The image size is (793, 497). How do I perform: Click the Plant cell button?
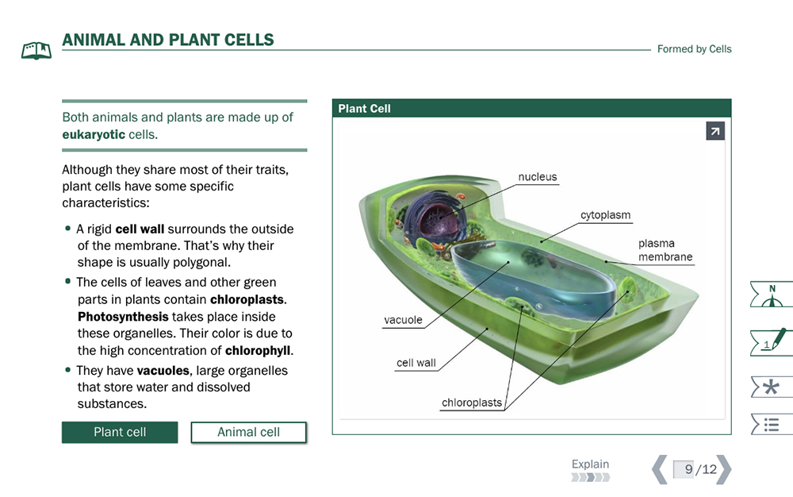[x=120, y=432]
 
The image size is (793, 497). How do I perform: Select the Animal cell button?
[x=248, y=432]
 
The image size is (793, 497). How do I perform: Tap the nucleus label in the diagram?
[x=537, y=176]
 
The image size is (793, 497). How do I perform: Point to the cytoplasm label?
[x=605, y=215]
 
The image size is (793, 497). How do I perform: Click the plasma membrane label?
[x=665, y=250]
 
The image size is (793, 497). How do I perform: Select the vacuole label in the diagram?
[x=403, y=320]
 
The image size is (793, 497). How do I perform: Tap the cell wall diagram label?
[x=416, y=363]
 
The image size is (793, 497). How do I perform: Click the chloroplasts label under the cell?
[x=472, y=403]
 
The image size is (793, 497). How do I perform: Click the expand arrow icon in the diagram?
[x=715, y=131]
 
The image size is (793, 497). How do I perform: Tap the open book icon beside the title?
[x=36, y=51]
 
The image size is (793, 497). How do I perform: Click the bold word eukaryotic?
[x=94, y=135]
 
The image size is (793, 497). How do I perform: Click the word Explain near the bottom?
[x=590, y=464]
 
